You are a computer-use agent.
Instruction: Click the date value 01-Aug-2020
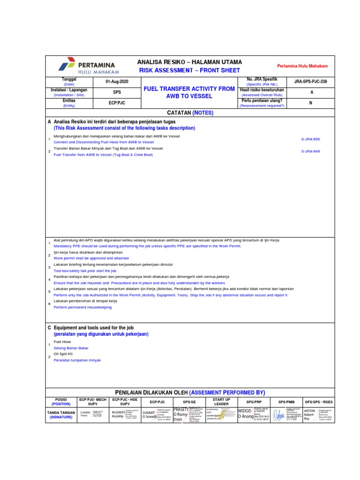click(117, 82)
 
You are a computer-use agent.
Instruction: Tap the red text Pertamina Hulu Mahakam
click(302, 67)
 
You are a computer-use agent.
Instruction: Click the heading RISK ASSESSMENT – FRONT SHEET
click(189, 70)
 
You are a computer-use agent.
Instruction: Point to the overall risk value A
click(311, 92)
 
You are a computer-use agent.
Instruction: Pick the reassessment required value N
click(311, 103)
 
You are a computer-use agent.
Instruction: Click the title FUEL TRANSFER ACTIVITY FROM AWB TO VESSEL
click(189, 92)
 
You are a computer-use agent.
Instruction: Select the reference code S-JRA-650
click(310, 139)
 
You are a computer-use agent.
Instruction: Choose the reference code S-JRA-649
click(310, 151)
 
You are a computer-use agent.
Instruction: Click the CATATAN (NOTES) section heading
click(190, 113)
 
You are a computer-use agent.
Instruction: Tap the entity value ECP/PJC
click(117, 103)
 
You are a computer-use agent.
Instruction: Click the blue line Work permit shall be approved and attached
click(91, 258)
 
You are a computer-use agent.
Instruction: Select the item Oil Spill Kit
click(64, 354)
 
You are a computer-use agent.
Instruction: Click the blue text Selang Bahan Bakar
click(71, 348)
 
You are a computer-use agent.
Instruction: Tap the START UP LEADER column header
click(221, 402)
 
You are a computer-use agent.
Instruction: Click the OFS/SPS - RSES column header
click(318, 402)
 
